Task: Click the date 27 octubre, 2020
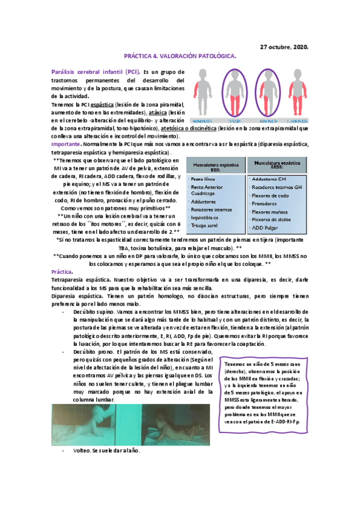(284, 46)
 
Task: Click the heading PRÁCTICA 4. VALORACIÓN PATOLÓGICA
(180, 57)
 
